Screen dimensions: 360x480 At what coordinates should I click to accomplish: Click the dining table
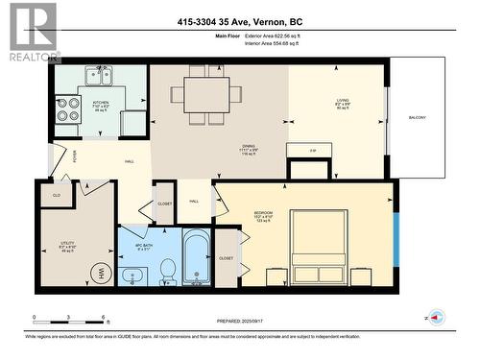coord(208,94)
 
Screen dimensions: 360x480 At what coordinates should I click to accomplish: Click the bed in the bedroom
coord(323,237)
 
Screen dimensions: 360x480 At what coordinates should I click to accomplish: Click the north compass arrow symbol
coord(437,317)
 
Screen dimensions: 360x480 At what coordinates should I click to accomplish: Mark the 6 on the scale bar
coord(102,317)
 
